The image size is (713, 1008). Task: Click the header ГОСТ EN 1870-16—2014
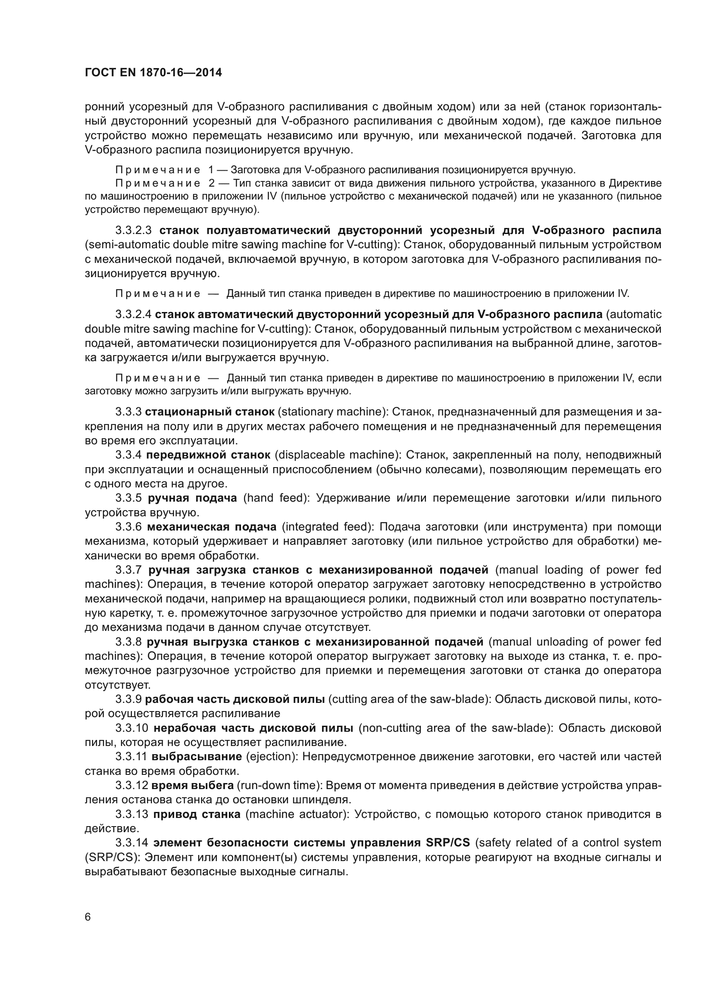(153, 73)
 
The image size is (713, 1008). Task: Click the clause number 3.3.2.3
(134, 231)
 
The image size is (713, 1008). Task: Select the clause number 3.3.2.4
(134, 315)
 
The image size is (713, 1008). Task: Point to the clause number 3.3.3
(128, 412)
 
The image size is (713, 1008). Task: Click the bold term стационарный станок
(210, 412)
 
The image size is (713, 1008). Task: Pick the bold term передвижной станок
(208, 455)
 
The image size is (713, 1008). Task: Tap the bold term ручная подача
(192, 498)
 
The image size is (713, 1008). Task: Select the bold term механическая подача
(212, 527)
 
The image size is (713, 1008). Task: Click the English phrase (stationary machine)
(332, 412)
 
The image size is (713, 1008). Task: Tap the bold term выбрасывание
(197, 757)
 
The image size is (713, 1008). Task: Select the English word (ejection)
(271, 757)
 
